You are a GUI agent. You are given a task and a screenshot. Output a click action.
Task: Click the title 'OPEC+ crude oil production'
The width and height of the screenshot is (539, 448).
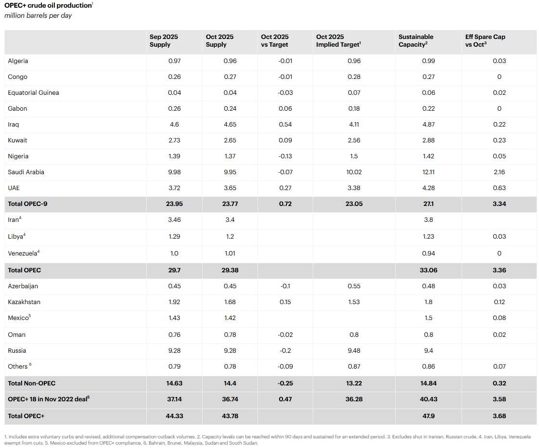pyautogui.click(x=48, y=5)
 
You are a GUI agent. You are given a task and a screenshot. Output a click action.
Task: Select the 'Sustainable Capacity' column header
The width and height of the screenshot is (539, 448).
pyautogui.click(x=416, y=40)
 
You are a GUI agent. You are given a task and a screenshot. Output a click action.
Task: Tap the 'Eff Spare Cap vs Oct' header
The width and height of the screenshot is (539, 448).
pyautogui.click(x=485, y=40)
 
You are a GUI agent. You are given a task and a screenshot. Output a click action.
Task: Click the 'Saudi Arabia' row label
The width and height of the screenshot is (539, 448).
pyautogui.click(x=26, y=172)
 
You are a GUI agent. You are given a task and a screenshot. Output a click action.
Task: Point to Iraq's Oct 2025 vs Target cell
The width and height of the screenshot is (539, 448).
pyautogui.click(x=285, y=124)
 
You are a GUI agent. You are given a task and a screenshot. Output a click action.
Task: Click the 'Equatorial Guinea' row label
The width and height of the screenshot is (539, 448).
pyautogui.click(x=33, y=92)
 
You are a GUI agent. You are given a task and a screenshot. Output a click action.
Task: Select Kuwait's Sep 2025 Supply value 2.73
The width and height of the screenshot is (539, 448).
pyautogui.click(x=174, y=140)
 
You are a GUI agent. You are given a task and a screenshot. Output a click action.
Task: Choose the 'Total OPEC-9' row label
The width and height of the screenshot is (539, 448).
pyautogui.click(x=27, y=204)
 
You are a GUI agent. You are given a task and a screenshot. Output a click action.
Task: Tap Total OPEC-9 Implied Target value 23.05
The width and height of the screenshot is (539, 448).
pyautogui.click(x=354, y=204)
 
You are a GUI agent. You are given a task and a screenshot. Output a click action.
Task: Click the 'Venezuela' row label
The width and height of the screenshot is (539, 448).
pyautogui.click(x=23, y=253)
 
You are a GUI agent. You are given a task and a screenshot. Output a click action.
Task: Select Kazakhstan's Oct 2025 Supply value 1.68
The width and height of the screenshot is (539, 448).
pyautogui.click(x=230, y=302)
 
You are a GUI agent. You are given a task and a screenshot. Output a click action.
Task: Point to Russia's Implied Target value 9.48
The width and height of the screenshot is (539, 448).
pyautogui.click(x=354, y=350)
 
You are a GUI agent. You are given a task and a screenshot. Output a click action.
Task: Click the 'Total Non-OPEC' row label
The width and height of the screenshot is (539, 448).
pyautogui.click(x=32, y=383)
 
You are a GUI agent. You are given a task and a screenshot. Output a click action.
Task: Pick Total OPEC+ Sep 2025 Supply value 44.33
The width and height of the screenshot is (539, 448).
pyautogui.click(x=174, y=416)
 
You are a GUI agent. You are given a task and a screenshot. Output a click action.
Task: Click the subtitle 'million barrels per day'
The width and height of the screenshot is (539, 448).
pyautogui.click(x=38, y=15)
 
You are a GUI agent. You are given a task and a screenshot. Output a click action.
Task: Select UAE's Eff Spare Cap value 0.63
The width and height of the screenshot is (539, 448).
pyautogui.click(x=499, y=188)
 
